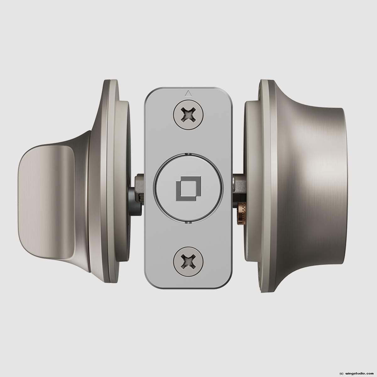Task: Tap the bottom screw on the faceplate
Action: (188, 261)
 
